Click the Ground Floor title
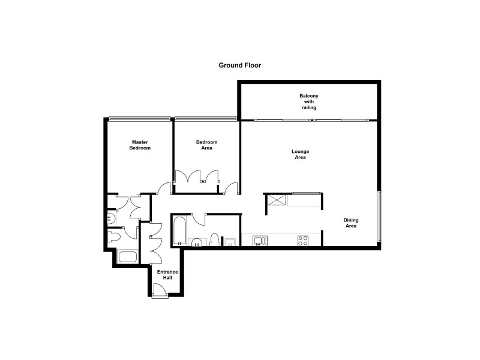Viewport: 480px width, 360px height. coord(240,64)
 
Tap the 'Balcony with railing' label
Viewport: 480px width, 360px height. coord(308,102)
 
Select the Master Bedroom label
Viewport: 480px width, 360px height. coord(141,145)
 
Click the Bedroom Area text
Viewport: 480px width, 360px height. coord(206,145)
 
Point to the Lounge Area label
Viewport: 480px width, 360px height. coord(299,155)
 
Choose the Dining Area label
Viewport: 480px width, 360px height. coord(350,223)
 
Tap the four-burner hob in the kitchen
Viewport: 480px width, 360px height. coord(303,241)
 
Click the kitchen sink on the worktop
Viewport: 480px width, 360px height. coord(258,241)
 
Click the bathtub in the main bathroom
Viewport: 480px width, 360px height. coord(179,232)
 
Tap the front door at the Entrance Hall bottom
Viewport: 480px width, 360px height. coord(161,291)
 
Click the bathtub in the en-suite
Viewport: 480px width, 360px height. coord(128,257)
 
